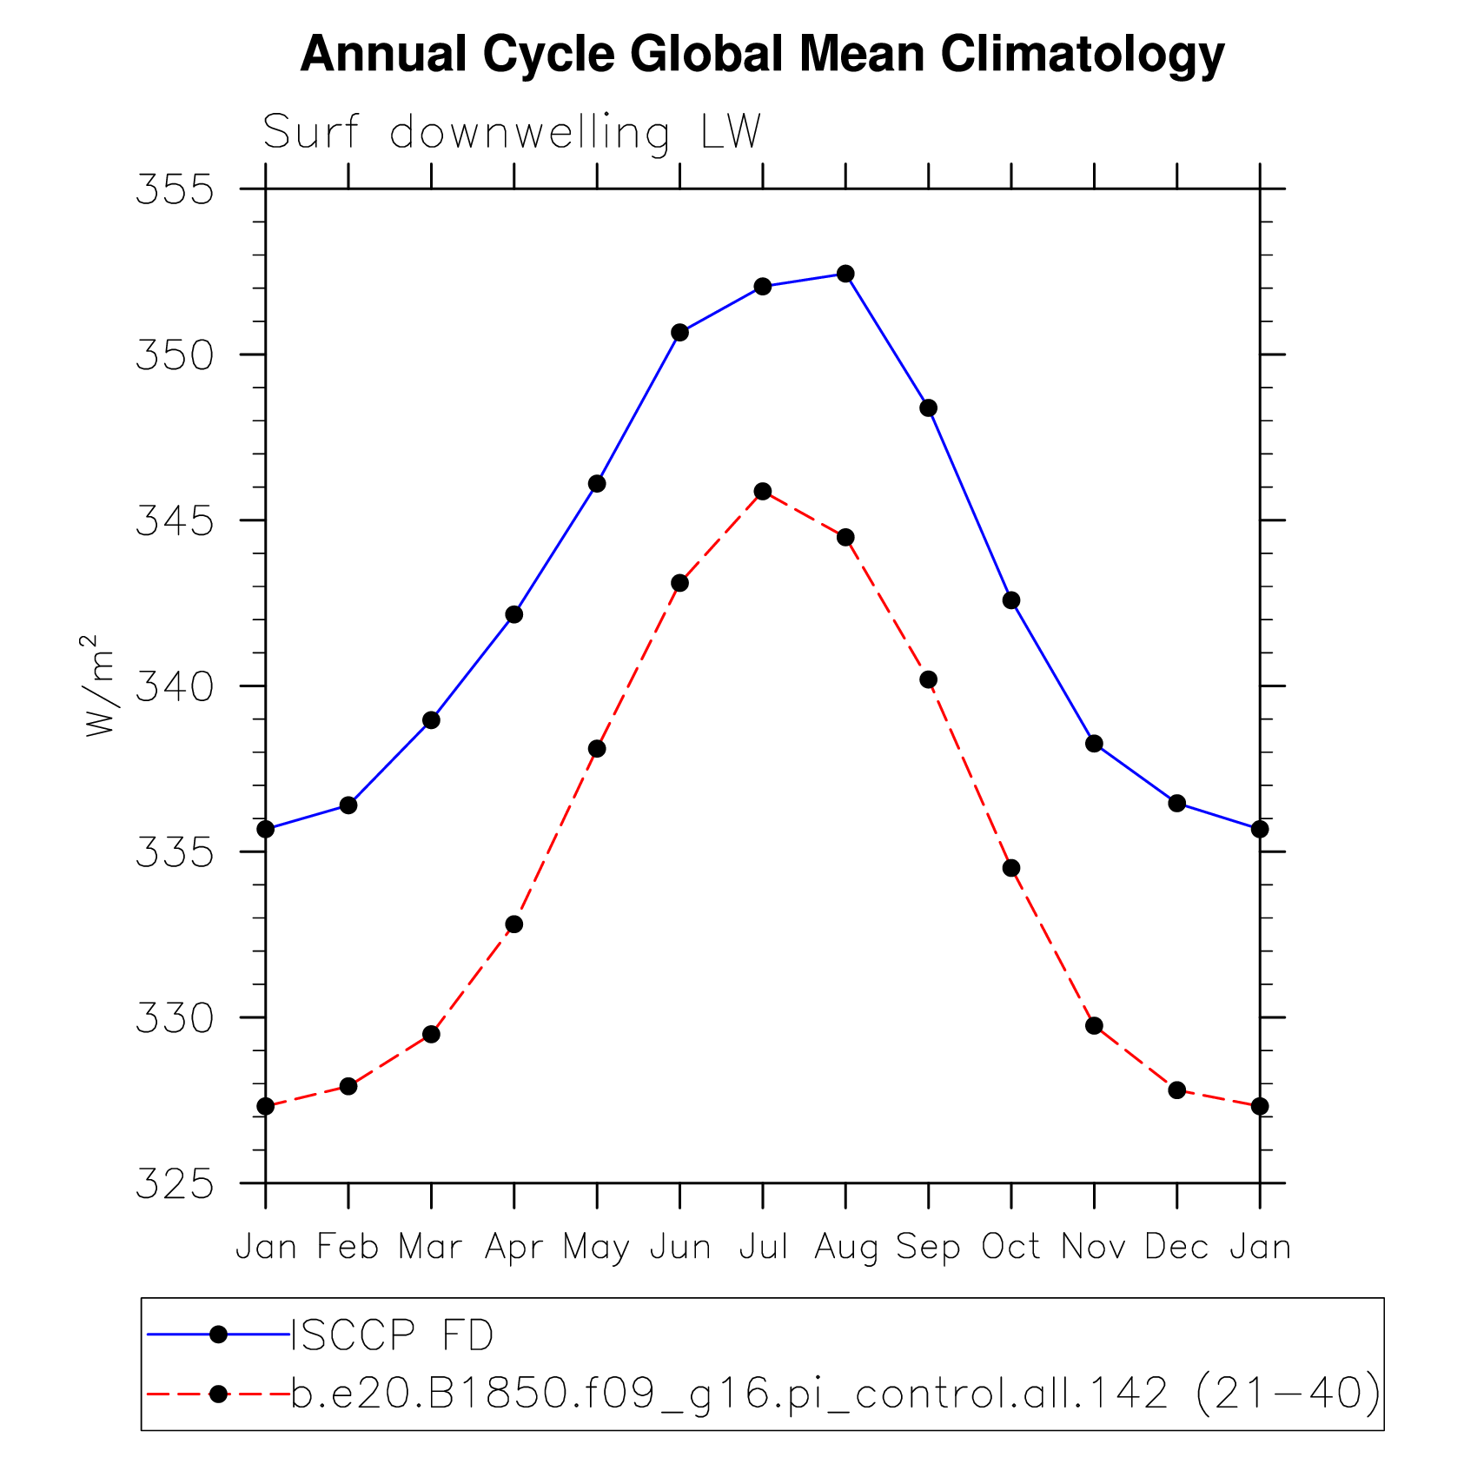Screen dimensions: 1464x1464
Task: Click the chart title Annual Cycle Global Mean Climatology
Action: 761,54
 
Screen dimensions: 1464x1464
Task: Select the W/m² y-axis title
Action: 98,686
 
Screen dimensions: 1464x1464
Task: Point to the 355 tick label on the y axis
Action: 175,189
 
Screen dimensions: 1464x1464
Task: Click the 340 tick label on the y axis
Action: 175,686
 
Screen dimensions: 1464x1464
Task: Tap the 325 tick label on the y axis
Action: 175,1183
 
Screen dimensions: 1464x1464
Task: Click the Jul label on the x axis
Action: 763,1247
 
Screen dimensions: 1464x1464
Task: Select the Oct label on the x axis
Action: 1010,1247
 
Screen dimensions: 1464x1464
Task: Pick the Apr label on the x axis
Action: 513,1247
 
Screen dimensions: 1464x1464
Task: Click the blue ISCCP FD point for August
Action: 845,274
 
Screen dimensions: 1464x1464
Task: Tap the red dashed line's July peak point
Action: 763,492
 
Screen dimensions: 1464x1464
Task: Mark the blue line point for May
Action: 597,483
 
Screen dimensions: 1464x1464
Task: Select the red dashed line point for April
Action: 514,924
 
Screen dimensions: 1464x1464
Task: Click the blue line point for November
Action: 1094,743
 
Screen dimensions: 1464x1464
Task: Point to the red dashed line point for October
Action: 1011,868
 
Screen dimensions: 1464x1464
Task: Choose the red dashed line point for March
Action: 431,1034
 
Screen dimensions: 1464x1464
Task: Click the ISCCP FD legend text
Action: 392,1335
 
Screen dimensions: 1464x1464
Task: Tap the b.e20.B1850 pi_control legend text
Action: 834,1394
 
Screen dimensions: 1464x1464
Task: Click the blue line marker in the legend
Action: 218,1335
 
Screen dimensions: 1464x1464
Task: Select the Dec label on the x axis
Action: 1176,1247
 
